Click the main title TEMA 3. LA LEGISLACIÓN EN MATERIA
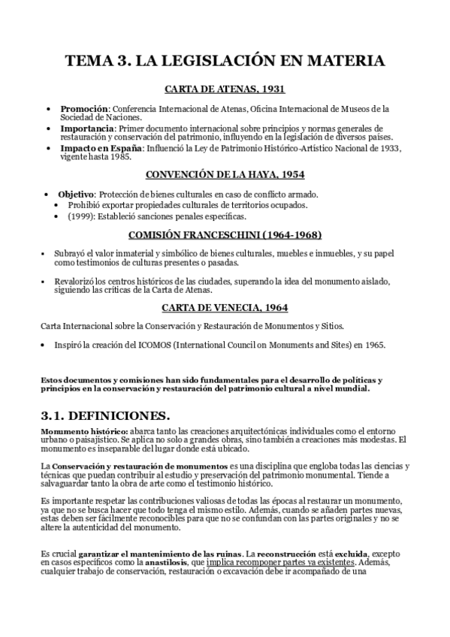[x=225, y=61]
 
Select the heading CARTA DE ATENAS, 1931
[x=225, y=89]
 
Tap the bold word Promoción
[x=84, y=109]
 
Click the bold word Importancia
[x=87, y=128]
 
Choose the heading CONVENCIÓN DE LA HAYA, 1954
[x=225, y=174]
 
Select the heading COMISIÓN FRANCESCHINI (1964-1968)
[x=225, y=234]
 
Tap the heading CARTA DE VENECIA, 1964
[x=225, y=307]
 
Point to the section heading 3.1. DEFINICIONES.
[x=105, y=415]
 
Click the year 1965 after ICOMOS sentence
[x=373, y=345]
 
